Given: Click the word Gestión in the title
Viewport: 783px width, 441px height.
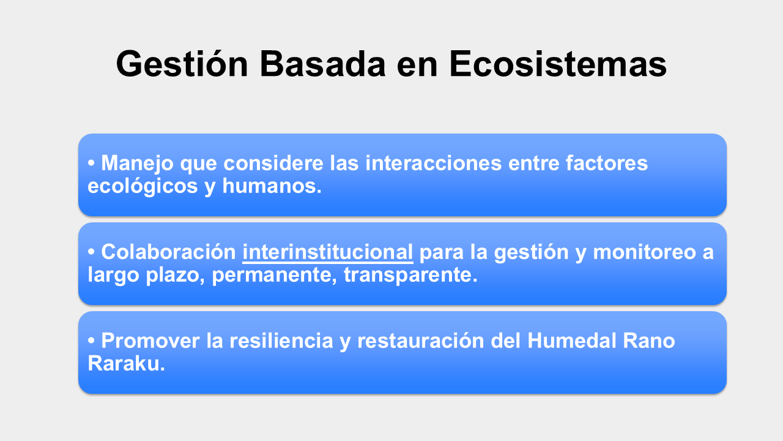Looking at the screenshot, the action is [182, 64].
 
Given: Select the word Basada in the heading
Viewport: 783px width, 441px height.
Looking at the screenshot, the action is [322, 64].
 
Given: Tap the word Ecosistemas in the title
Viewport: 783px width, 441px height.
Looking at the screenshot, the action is [558, 64].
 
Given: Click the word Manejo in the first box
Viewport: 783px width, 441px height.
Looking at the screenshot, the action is [137, 164].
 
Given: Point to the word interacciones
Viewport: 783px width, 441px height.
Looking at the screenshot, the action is [434, 163].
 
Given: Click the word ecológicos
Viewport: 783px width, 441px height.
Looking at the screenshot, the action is [143, 186].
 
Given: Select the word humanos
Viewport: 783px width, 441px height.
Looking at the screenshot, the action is [272, 186].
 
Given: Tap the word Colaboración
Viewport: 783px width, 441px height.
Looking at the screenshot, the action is [168, 252].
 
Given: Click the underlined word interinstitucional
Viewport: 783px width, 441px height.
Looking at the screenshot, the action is [327, 252].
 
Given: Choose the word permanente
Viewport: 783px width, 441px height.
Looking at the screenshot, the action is [275, 275].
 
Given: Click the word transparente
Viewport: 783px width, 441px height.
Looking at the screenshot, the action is [410, 275].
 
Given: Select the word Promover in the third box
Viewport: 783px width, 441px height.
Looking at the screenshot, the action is [150, 341].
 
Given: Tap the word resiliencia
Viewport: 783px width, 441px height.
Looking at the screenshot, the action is [281, 341].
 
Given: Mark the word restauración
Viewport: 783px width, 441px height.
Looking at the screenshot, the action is [420, 341].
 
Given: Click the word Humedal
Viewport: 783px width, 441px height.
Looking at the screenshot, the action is [571, 341].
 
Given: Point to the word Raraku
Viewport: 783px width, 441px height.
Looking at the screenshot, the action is [126, 363].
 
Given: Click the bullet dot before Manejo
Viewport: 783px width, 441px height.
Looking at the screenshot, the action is [91, 163].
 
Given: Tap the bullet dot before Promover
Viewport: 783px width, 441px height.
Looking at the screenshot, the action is [91, 341].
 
